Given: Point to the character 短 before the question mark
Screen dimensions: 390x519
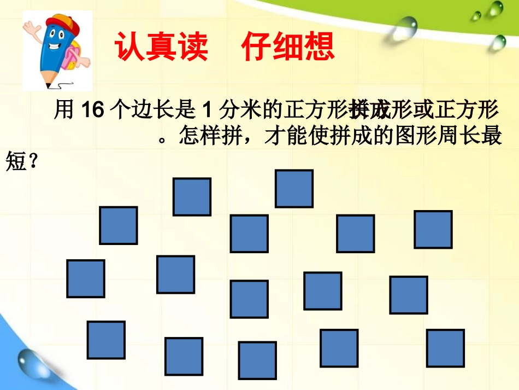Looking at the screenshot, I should [16, 161].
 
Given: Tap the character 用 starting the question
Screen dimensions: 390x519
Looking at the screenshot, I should [64, 111].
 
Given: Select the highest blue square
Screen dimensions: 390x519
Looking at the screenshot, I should [294, 189].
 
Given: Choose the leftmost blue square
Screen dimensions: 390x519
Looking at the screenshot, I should [86, 278].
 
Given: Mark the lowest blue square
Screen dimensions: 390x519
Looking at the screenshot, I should [257, 360].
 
